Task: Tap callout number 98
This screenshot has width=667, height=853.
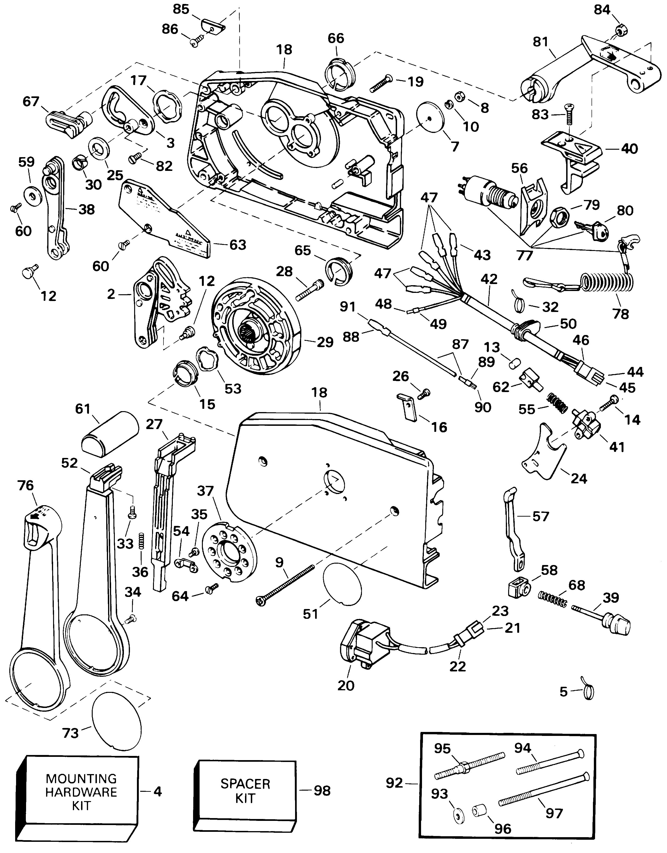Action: (322, 791)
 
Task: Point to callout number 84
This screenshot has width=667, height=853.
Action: (602, 9)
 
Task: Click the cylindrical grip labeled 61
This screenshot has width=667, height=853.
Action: (110, 433)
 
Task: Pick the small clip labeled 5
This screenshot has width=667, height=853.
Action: (588, 692)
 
